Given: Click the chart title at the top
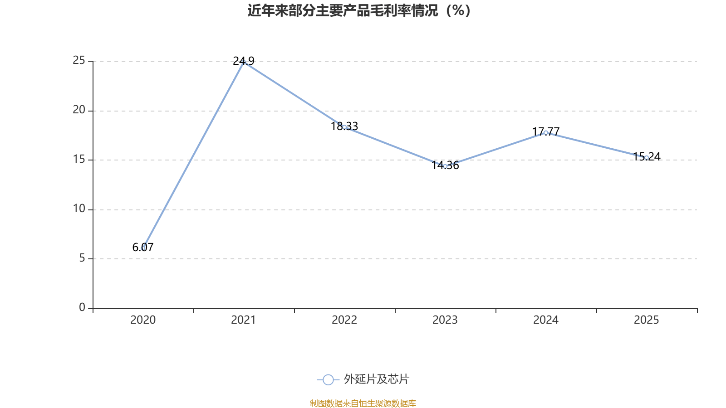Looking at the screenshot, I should click(x=359, y=10).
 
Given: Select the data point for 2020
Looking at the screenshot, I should click(x=143, y=248).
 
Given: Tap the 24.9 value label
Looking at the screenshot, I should click(x=244, y=61).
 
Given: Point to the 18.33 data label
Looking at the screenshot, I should click(x=344, y=126).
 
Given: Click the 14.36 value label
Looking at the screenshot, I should click(x=445, y=165).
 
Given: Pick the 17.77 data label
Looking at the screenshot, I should click(x=546, y=131).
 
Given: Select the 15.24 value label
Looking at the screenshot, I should click(x=647, y=156).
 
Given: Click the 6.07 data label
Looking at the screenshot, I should click(x=143, y=247).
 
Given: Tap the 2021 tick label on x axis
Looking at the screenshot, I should click(x=244, y=320).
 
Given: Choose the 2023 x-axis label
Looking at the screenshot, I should click(x=445, y=320).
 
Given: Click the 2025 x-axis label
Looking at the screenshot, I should click(x=646, y=320).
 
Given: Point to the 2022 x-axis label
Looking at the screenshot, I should click(x=344, y=320).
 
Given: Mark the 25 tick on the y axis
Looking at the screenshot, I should click(x=79, y=61).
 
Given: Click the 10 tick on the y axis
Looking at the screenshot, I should click(x=79, y=209).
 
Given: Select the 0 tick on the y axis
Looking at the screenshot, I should click(x=82, y=308).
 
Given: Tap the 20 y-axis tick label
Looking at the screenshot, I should click(x=79, y=110).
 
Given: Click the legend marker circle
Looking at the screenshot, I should click(x=328, y=379).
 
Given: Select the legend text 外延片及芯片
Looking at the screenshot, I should click(x=376, y=379).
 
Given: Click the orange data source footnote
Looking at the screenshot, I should click(x=363, y=403).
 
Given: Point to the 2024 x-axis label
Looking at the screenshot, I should click(x=546, y=320).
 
